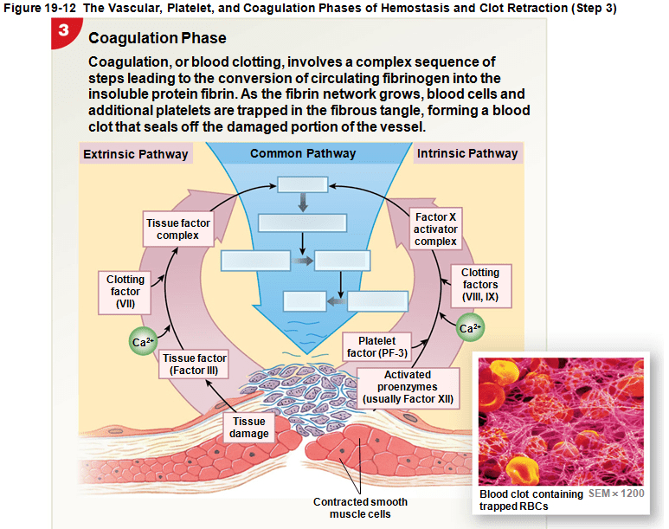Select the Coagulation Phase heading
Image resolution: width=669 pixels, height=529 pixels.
pyautogui.click(x=157, y=39)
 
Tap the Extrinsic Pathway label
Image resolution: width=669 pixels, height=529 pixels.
pyautogui.click(x=134, y=154)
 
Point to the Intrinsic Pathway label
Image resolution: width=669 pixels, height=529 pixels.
pyautogui.click(x=467, y=153)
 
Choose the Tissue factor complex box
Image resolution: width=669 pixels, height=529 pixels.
pyautogui.click(x=177, y=229)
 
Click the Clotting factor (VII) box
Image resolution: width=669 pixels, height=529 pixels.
pyautogui.click(x=125, y=292)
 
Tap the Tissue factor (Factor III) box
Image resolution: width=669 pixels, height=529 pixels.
pyautogui.click(x=195, y=364)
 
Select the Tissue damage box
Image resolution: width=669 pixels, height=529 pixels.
pyautogui.click(x=249, y=427)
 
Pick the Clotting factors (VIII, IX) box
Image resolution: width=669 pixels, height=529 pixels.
pyautogui.click(x=479, y=285)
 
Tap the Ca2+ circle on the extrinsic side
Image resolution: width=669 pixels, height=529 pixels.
pyautogui.click(x=143, y=342)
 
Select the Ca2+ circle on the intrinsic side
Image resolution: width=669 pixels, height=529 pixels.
pyautogui.click(x=470, y=328)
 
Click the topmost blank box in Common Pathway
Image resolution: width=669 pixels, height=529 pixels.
pyautogui.click(x=302, y=185)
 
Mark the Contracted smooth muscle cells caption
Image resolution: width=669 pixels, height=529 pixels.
pyautogui.click(x=360, y=507)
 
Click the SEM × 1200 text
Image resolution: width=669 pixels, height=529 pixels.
pyautogui.click(x=616, y=493)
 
